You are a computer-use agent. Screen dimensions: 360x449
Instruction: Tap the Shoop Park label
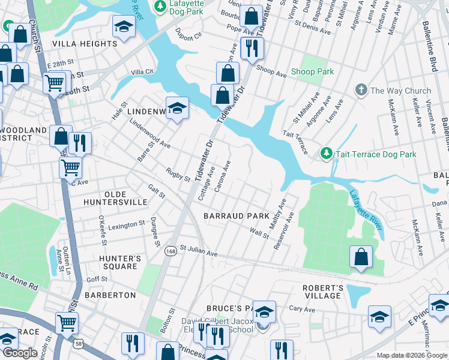312,72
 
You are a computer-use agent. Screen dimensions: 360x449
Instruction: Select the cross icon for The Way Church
361,91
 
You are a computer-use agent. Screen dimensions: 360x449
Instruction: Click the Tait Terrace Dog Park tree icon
326,154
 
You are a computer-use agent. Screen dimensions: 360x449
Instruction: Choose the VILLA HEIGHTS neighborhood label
85,44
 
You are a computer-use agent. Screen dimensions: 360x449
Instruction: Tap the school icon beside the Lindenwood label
177,108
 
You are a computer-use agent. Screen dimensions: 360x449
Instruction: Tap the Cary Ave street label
302,309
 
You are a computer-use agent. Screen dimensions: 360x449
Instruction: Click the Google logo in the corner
20,353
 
